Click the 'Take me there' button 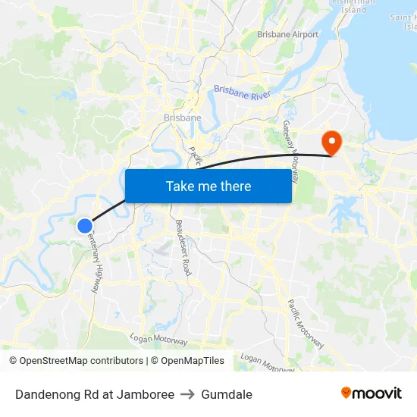tap(208, 186)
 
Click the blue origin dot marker tap(85, 225)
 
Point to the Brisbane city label tap(183, 118)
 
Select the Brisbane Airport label tap(287, 34)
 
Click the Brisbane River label tap(243, 89)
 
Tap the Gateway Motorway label tap(291, 151)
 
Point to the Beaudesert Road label tap(183, 246)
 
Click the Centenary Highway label tap(94, 263)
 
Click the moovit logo tap(372, 393)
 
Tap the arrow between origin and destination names tap(187, 394)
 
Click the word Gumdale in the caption tap(227, 394)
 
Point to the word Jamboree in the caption tap(147, 394)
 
